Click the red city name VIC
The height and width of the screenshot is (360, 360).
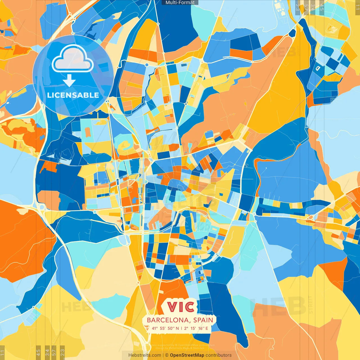181,307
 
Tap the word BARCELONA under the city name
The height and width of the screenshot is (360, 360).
168,320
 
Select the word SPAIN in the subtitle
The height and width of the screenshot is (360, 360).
203,320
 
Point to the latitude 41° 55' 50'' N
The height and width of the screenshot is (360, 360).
165,328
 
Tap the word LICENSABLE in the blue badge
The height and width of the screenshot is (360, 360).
73,95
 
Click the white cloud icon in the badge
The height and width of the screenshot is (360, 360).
73,58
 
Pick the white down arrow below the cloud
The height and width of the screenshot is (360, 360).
69,80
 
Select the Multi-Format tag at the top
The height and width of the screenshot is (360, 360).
180,3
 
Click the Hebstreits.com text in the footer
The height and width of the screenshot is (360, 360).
145,355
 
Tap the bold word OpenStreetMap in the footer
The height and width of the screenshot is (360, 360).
187,355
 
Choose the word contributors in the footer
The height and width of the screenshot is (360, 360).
219,355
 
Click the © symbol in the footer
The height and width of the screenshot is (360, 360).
166,355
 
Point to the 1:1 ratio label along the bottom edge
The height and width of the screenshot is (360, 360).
2,353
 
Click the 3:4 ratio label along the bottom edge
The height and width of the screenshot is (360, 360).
47,352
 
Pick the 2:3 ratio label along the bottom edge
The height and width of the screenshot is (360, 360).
62,352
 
